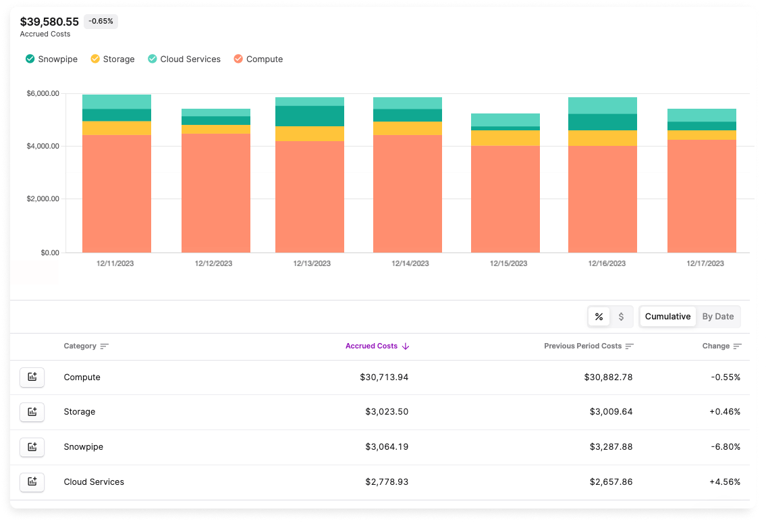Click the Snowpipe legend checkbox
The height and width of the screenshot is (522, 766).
pyautogui.click(x=30, y=59)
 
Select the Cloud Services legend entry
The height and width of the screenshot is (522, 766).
pyautogui.click(x=184, y=59)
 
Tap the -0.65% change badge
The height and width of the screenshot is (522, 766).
pyautogui.click(x=101, y=22)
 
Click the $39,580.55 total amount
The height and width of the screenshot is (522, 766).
pyautogui.click(x=49, y=22)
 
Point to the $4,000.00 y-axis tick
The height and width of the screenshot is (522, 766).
pyautogui.click(x=42, y=146)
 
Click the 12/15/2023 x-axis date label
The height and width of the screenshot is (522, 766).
pyautogui.click(x=508, y=263)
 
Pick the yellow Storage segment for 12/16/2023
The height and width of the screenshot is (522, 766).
pyautogui.click(x=602, y=138)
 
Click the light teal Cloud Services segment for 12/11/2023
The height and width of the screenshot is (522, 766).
pyautogui.click(x=116, y=101)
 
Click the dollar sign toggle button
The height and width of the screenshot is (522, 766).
pyautogui.click(x=621, y=317)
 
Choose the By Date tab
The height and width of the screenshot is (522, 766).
pyautogui.click(x=717, y=317)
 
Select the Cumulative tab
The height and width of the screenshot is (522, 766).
pyautogui.click(x=667, y=317)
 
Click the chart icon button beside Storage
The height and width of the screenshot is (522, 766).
pyautogui.click(x=32, y=412)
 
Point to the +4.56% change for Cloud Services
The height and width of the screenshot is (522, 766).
pyautogui.click(x=725, y=482)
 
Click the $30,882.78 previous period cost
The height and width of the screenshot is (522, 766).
pyautogui.click(x=608, y=377)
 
